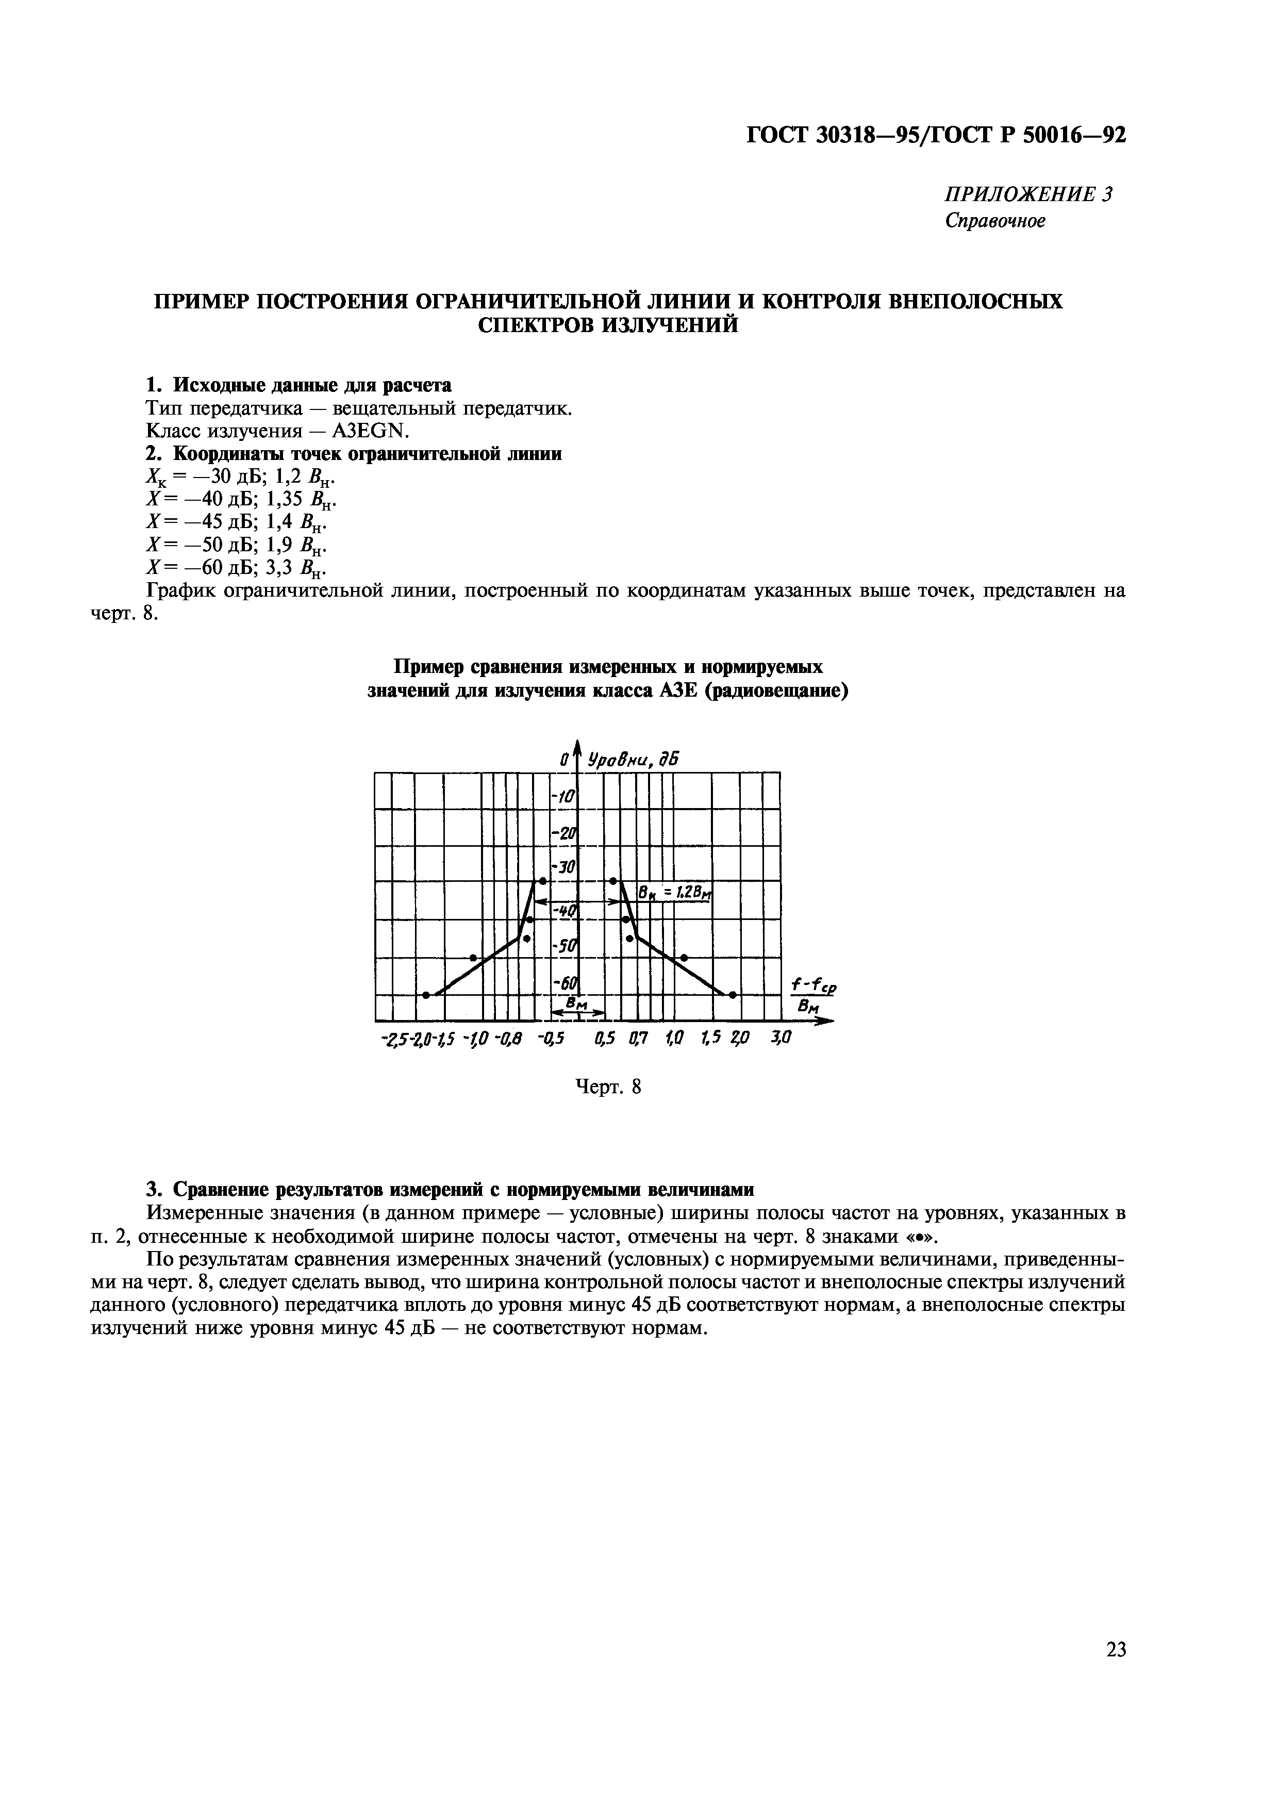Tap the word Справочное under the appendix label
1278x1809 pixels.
(x=995, y=221)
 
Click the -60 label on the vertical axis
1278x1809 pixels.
(x=566, y=983)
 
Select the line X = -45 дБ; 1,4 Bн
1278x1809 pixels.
(x=236, y=521)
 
